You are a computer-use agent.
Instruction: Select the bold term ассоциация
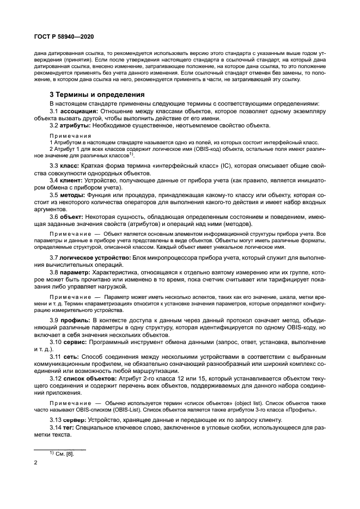[x=79, y=111]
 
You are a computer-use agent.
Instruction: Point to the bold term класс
[x=71, y=165]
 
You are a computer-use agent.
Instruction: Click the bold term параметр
[x=76, y=272]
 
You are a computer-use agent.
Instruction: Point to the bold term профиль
[x=76, y=318]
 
